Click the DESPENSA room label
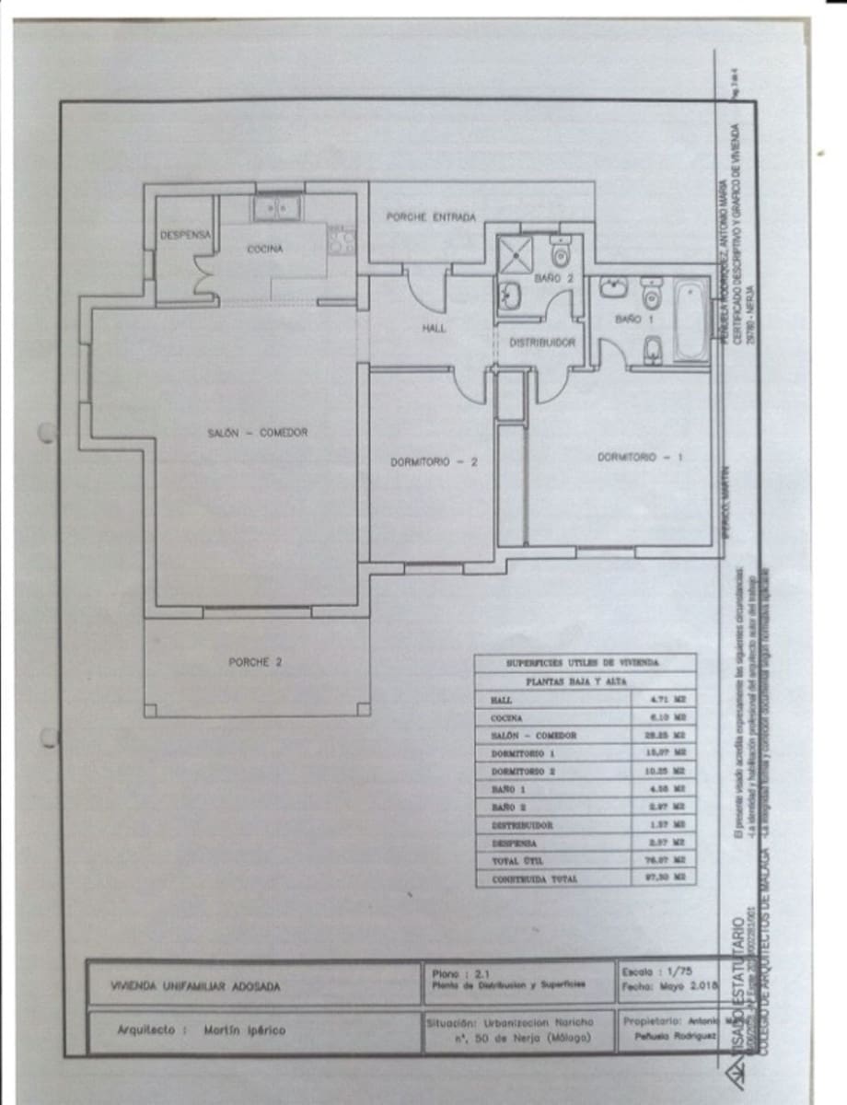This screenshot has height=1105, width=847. coord(185,235)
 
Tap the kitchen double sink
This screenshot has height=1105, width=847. coord(277,209)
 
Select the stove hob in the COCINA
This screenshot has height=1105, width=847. coord(342,241)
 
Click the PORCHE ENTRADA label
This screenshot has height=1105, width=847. coord(431,217)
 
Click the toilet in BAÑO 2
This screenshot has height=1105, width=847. coord(561,250)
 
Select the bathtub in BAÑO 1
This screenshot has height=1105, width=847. coord(690,321)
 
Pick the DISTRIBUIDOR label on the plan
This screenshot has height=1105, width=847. coord(542,342)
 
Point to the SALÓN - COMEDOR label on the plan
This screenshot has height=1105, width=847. coord(258,433)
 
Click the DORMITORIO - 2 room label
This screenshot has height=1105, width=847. coord(433,462)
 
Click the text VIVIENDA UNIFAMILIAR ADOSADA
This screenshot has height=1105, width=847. coord(195,987)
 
